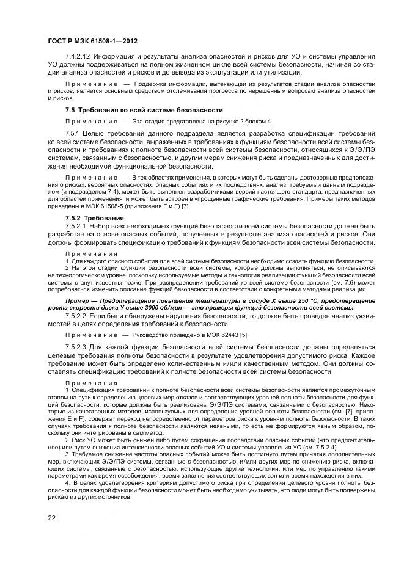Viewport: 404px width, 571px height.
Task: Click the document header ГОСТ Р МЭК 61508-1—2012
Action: point(92,41)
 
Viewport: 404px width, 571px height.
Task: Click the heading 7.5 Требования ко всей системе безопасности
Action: point(143,110)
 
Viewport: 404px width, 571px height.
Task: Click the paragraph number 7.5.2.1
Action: point(78,227)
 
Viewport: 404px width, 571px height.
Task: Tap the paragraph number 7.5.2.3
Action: point(78,347)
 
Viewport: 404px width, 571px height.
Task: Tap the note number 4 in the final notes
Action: point(67,484)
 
